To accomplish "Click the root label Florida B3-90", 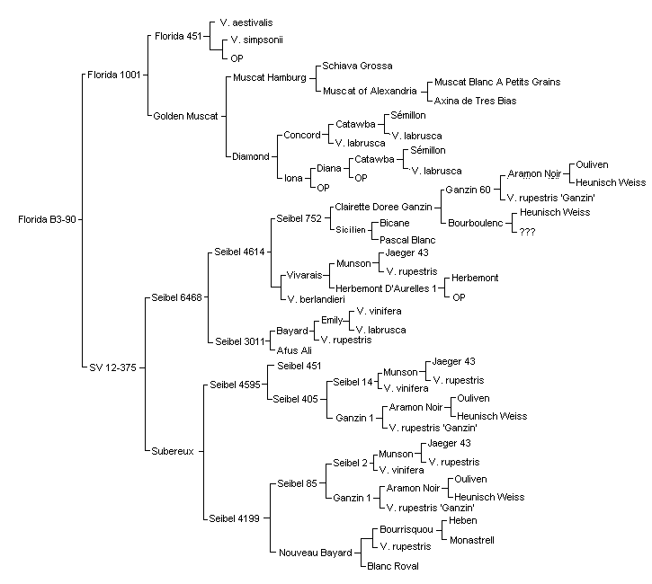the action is pos(47,219).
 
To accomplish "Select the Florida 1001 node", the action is pos(114,75).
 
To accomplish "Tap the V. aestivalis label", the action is pos(246,22).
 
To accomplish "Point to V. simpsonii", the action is pos(256,40).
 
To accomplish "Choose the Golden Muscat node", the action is pos(185,116).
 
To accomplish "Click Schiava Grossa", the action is pos(357,66).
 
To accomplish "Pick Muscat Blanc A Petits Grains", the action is pos(497,82).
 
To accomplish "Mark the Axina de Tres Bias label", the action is pos(475,101).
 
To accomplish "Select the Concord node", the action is pos(302,135).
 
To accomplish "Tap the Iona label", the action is pos(293,178).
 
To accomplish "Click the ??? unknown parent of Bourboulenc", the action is pos(527,232).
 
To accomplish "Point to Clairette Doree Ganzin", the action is pos(383,207).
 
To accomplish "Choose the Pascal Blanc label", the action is pos(407,240).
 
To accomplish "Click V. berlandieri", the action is pos(316,299).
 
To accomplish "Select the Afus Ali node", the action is pos(294,350).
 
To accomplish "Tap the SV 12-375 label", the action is pos(112,367).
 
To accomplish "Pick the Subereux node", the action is pos(173,451).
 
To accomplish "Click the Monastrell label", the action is pos(472,540).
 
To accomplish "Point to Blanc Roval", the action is pos(393,566).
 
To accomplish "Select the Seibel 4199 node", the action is pos(234,518).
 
